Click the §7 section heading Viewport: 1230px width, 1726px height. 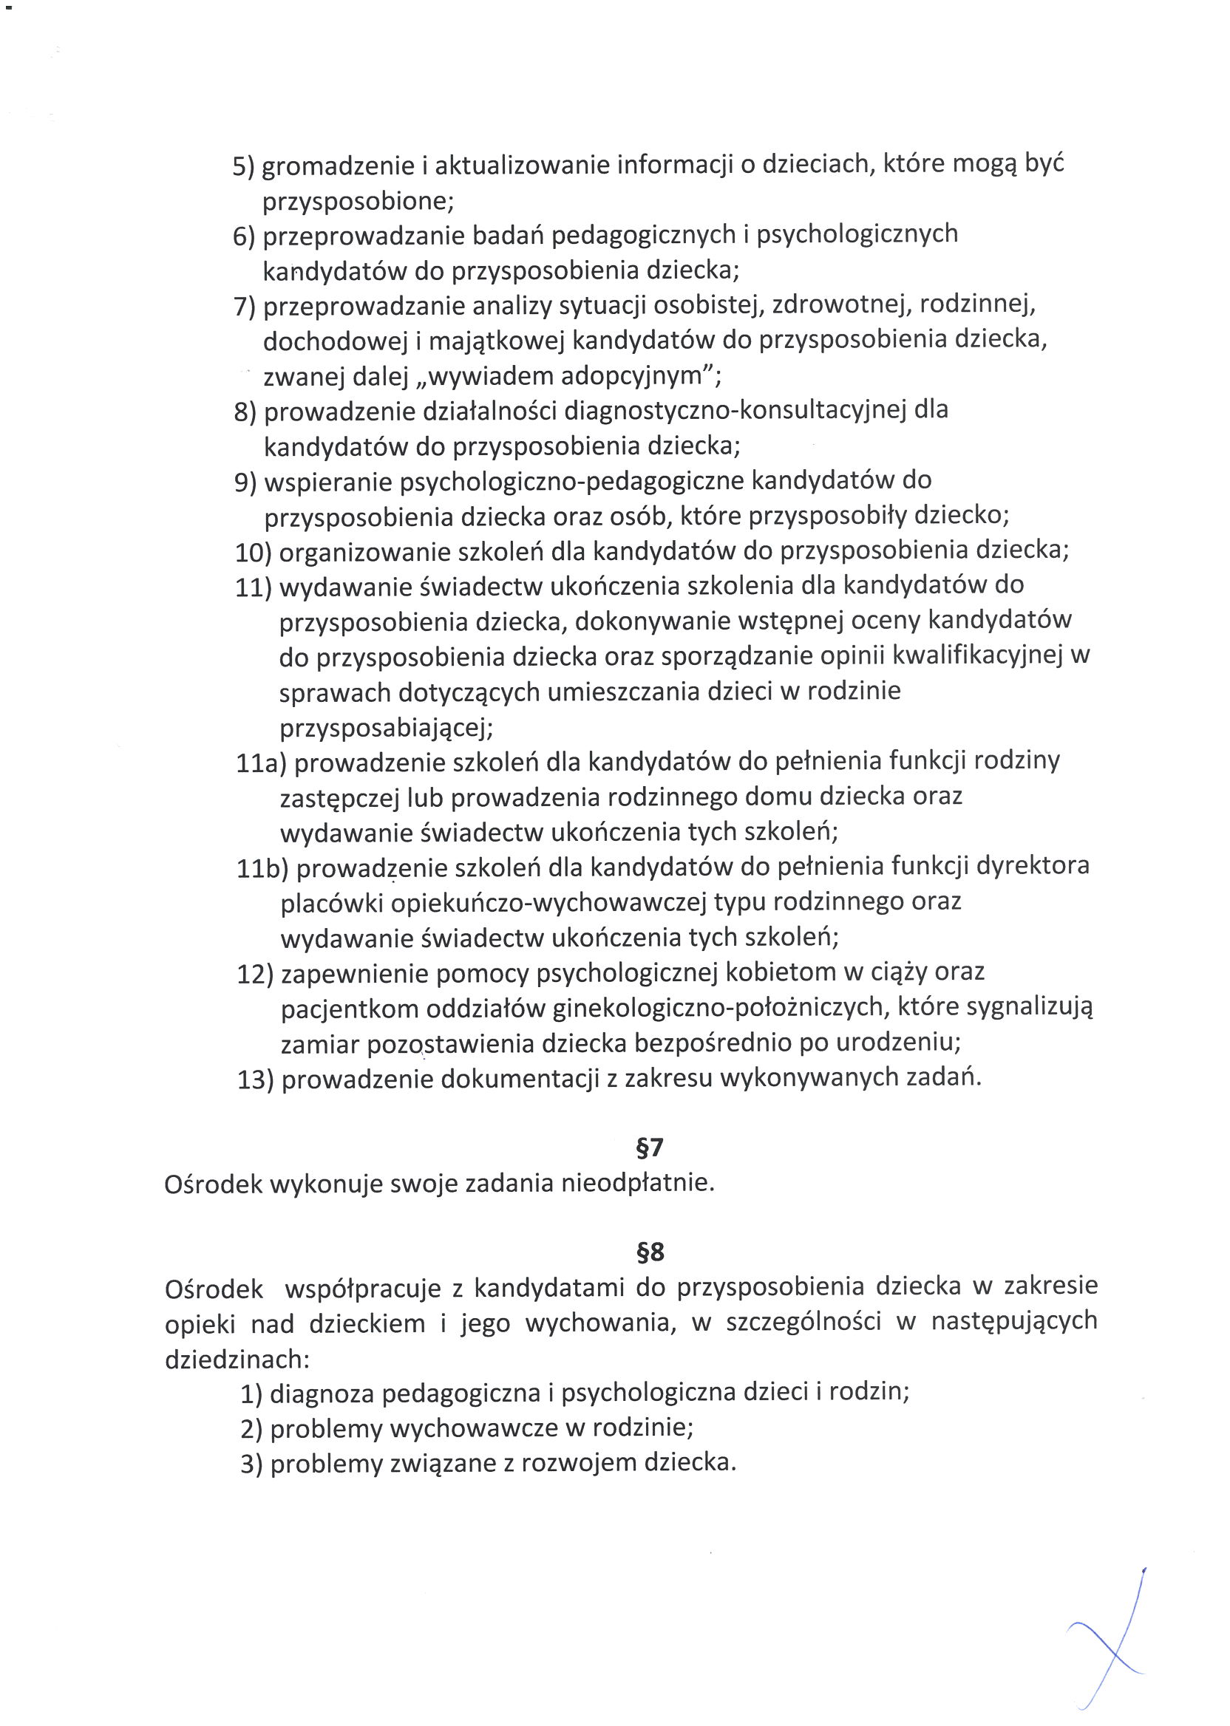(x=650, y=1147)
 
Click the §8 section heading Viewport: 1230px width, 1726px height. (x=650, y=1252)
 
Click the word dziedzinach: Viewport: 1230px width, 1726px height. (x=237, y=1359)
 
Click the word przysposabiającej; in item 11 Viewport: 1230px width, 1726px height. (x=387, y=729)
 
